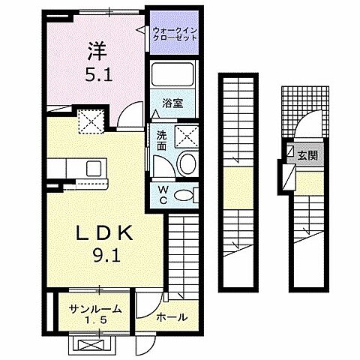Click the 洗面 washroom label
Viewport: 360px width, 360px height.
point(161,140)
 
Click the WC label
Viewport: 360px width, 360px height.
point(162,193)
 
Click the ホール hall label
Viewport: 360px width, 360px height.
point(171,317)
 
